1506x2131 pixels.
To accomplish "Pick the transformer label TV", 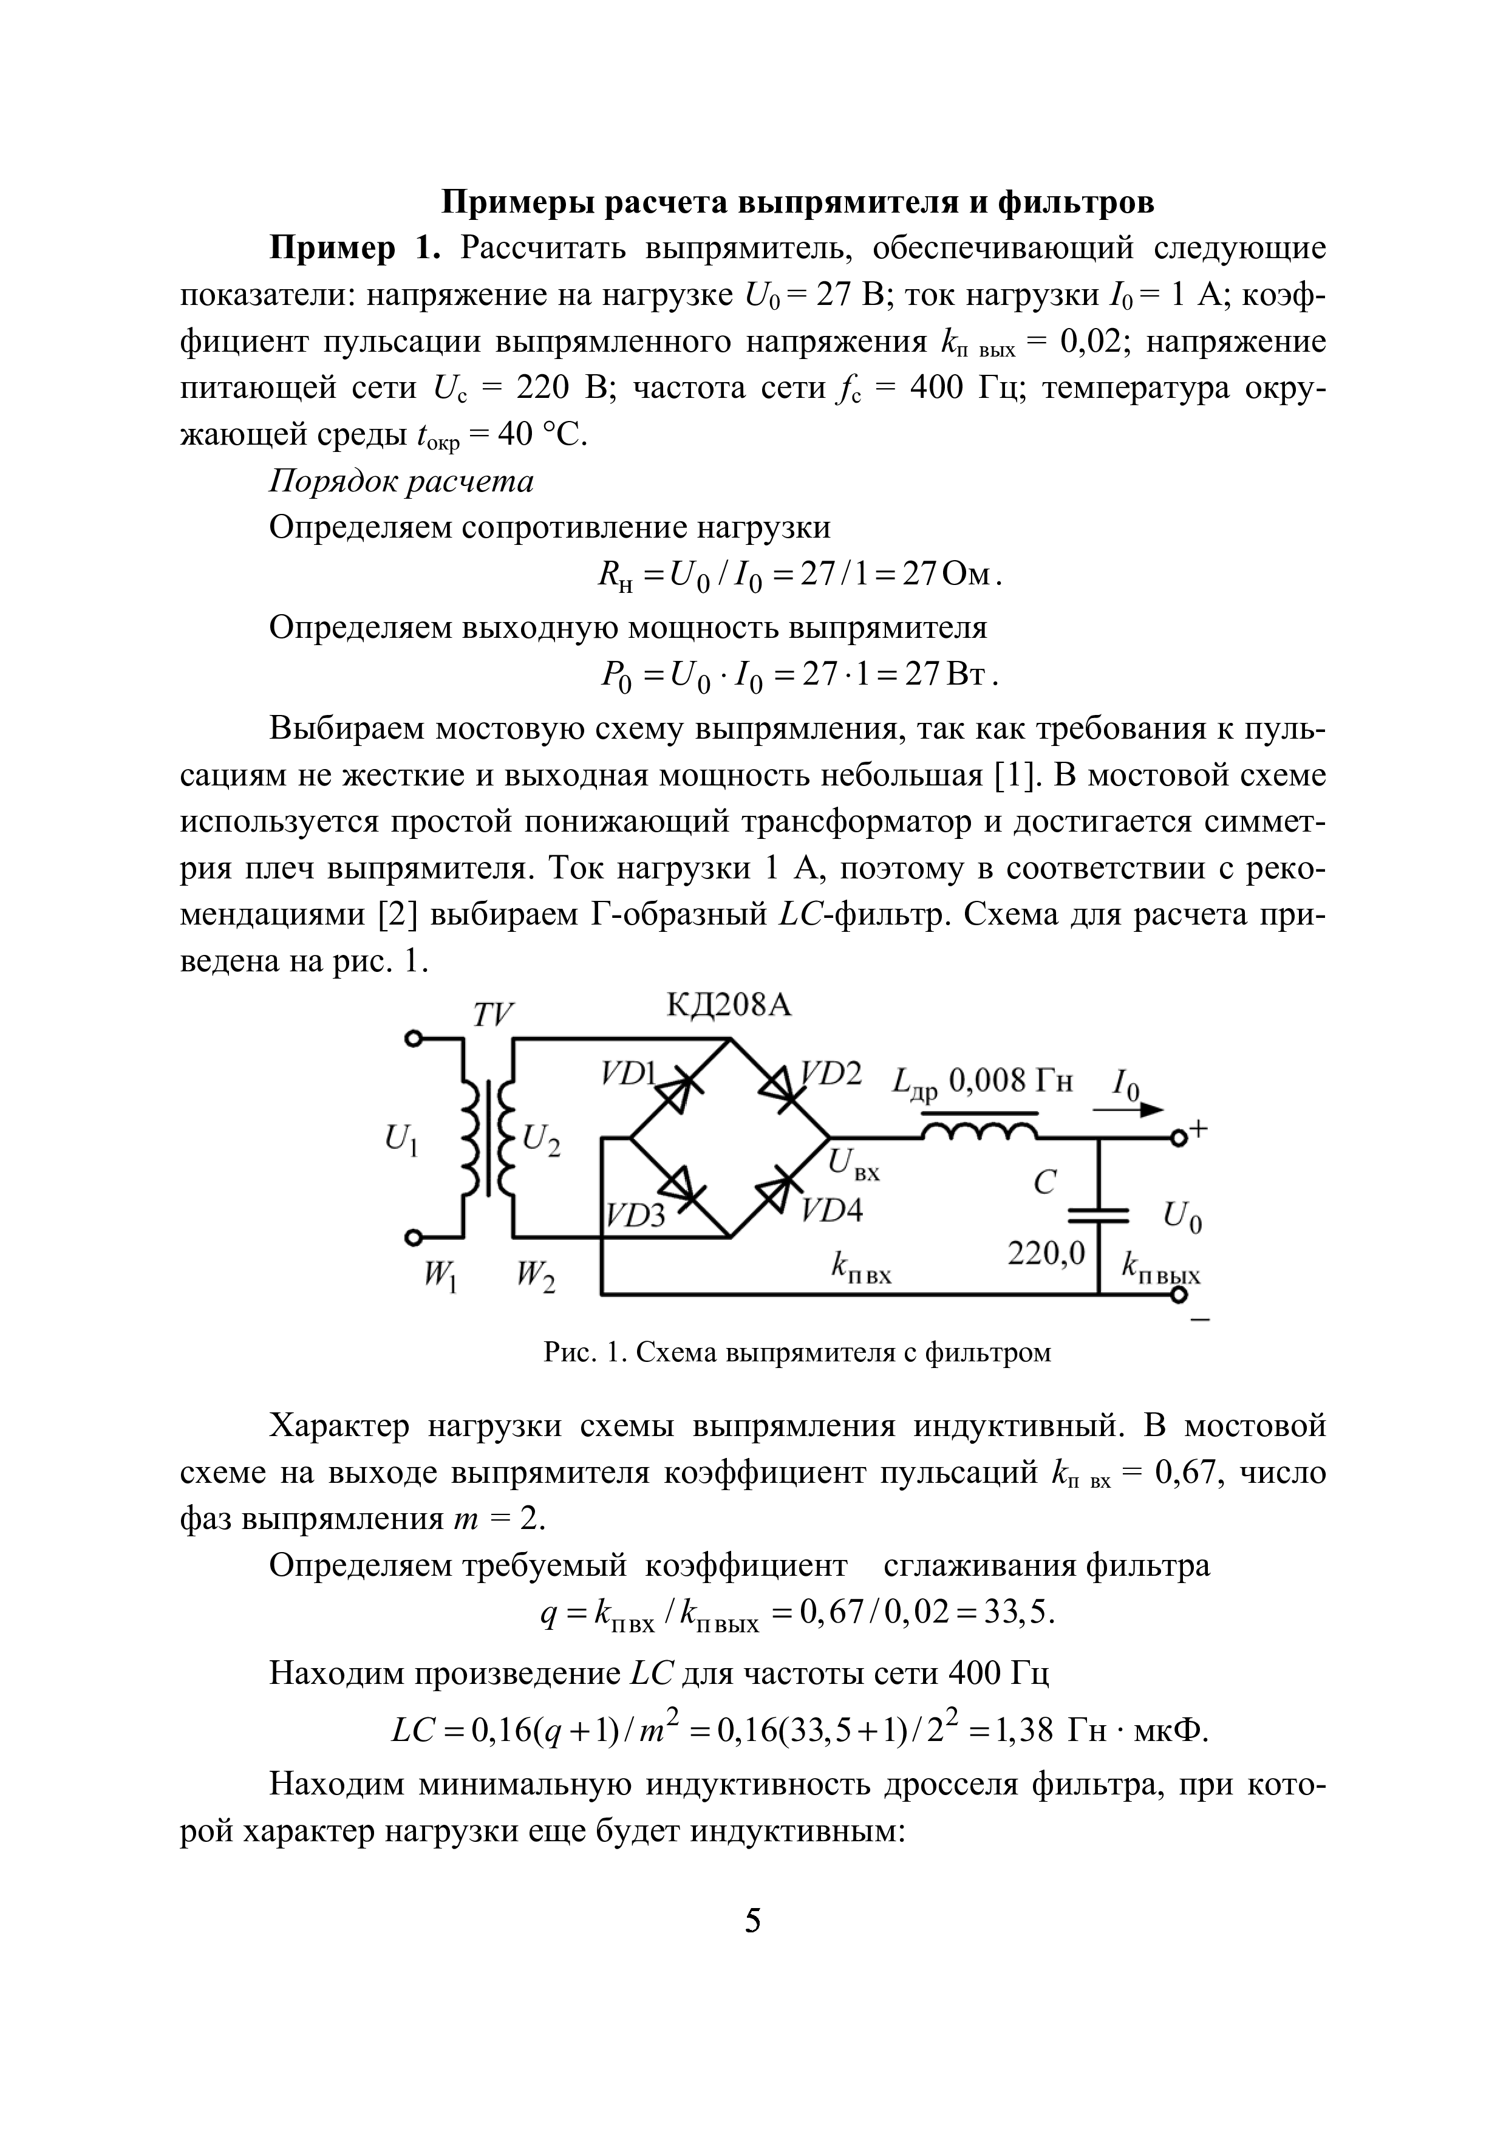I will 492,1015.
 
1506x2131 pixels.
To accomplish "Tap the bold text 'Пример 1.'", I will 353,248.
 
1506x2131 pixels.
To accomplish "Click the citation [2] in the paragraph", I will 396,915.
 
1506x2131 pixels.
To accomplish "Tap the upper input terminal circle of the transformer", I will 415,1038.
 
